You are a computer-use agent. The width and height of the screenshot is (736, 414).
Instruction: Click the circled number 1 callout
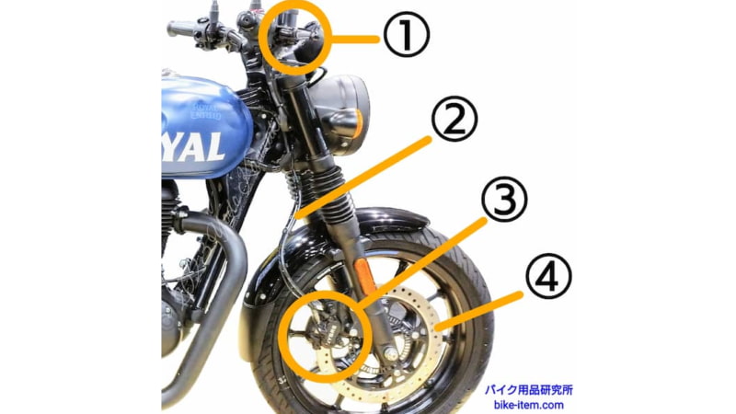tap(405, 38)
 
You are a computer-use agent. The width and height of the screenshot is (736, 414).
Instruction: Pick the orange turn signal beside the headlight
tap(362, 123)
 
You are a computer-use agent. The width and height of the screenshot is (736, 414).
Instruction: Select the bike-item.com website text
tap(528, 404)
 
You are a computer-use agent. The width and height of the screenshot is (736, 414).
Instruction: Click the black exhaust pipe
tap(216, 294)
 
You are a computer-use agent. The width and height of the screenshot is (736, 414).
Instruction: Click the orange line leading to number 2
tap(368, 175)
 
